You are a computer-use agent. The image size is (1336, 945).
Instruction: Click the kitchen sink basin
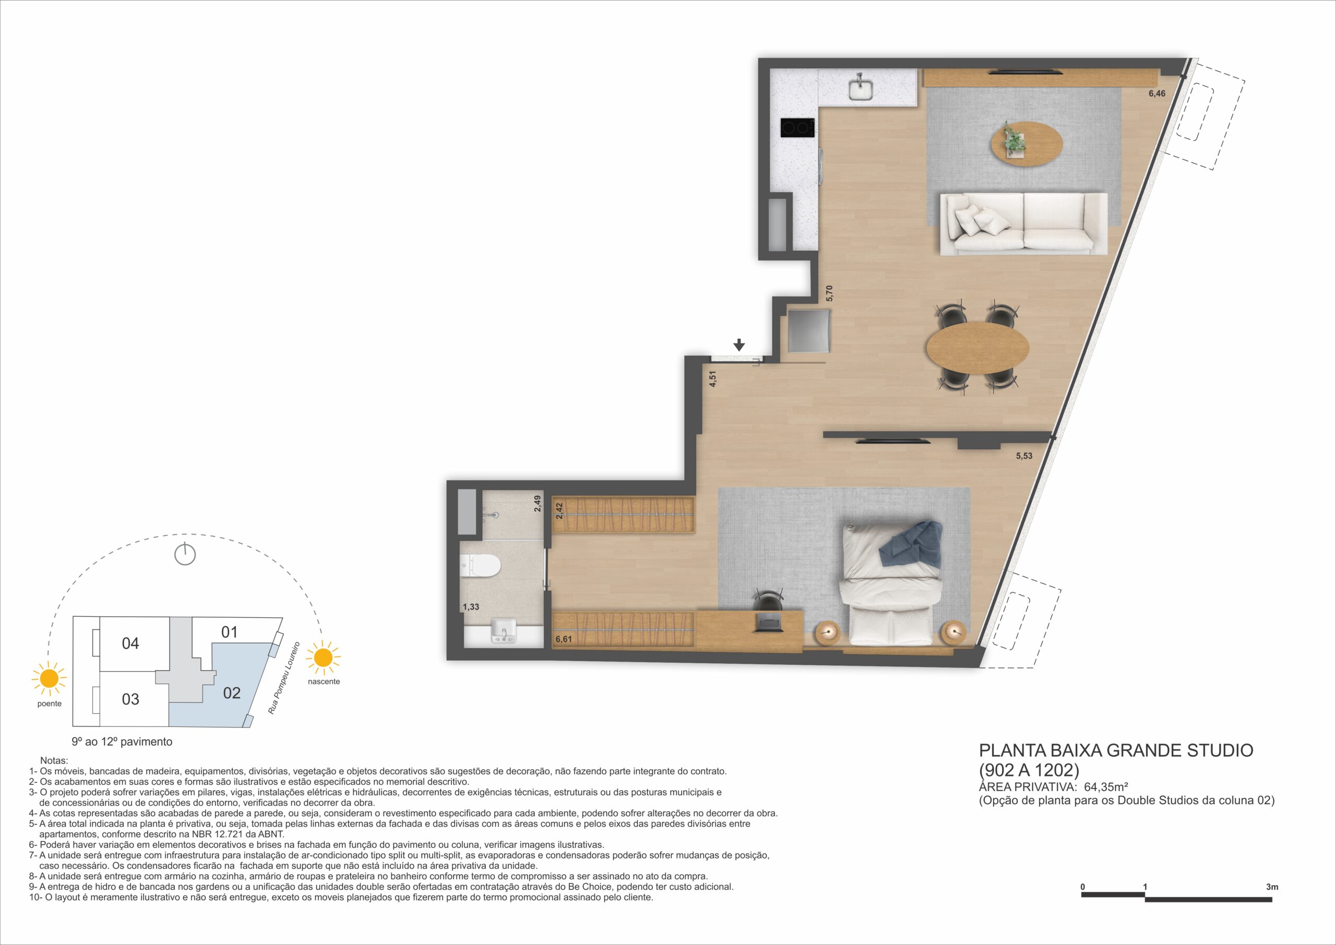pyautogui.click(x=860, y=90)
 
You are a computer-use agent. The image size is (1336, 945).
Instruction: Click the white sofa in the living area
pyautogui.click(x=1023, y=223)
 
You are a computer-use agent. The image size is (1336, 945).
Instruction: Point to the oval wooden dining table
pyautogui.click(x=977, y=348)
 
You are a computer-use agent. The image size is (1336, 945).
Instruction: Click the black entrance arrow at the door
pyautogui.click(x=739, y=345)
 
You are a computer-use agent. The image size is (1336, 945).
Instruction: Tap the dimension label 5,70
pyautogui.click(x=830, y=293)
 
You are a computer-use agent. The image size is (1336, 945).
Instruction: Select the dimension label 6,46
pyautogui.click(x=1157, y=93)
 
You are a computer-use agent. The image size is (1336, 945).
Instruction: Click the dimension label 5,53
pyautogui.click(x=1024, y=456)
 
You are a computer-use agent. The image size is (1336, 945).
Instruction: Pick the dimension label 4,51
pyautogui.click(x=712, y=379)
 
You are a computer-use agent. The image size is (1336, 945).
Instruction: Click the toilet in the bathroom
pyautogui.click(x=481, y=565)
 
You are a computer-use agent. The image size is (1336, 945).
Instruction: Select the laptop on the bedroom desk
pyautogui.click(x=769, y=623)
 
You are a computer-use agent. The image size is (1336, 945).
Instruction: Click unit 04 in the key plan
pyautogui.click(x=130, y=643)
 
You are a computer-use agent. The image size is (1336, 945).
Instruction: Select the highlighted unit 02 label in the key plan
pyautogui.click(x=232, y=692)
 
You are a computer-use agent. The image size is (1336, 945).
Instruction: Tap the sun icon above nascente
pyautogui.click(x=323, y=658)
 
